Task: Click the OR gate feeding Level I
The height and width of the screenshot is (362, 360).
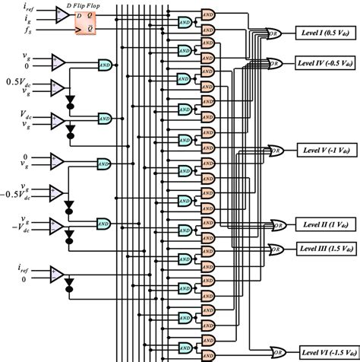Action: tap(273, 33)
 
